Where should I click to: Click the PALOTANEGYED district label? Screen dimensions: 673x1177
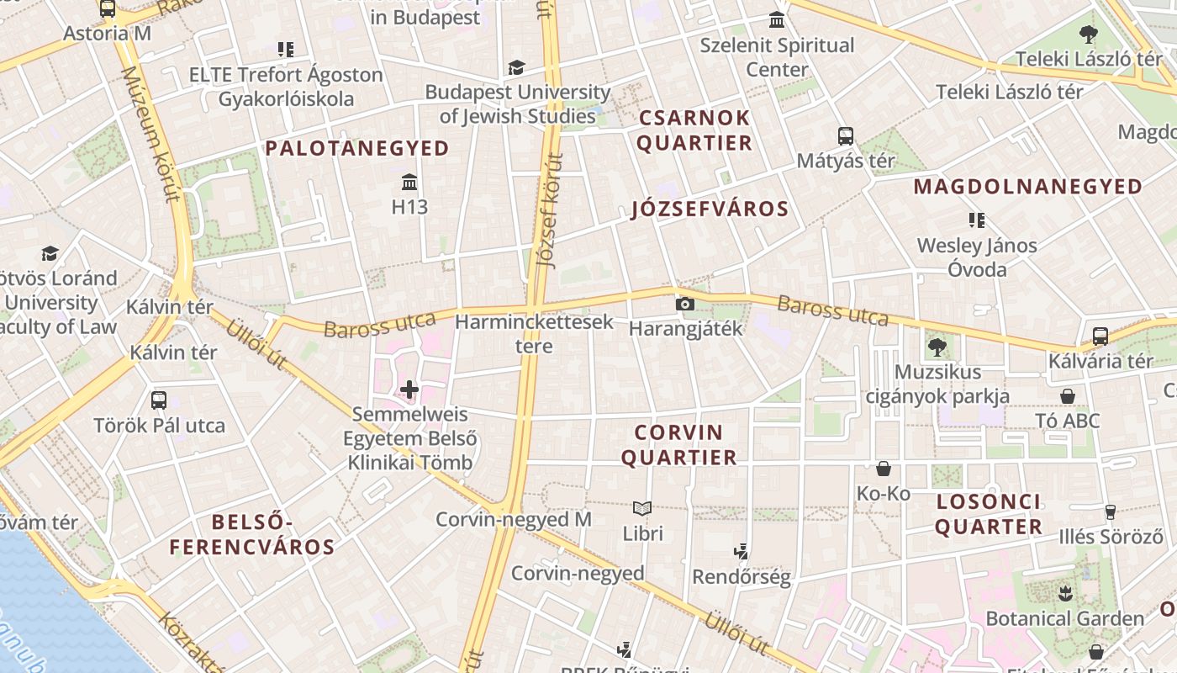tap(357, 149)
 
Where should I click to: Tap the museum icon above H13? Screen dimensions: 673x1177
tap(410, 182)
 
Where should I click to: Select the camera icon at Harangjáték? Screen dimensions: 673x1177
tap(685, 304)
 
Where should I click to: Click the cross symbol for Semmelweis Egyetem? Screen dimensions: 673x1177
tap(409, 389)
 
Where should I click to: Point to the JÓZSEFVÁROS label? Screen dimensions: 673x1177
tap(710, 209)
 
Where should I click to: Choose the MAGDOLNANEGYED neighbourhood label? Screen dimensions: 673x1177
tap(1028, 187)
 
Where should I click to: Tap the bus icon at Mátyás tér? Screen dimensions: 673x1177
tap(846, 135)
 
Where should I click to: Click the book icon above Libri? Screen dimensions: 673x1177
tap(642, 508)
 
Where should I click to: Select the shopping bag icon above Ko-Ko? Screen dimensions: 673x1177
tap(884, 469)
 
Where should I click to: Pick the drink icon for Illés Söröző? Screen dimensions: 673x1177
tap(1110, 511)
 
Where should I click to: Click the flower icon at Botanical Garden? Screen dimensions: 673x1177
tap(1065, 594)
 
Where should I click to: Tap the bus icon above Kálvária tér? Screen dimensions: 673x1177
tap(1100, 336)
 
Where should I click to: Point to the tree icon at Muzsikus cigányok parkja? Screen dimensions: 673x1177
tap(937, 347)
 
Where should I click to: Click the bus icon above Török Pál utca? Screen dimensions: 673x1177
tap(159, 400)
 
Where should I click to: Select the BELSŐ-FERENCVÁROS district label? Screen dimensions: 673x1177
tap(252, 535)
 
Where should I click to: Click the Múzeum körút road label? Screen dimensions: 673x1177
tap(150, 135)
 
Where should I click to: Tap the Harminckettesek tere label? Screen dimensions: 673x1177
tap(535, 334)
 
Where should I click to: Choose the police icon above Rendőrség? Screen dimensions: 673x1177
tap(741, 552)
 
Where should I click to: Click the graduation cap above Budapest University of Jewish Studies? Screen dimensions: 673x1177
tap(516, 67)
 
